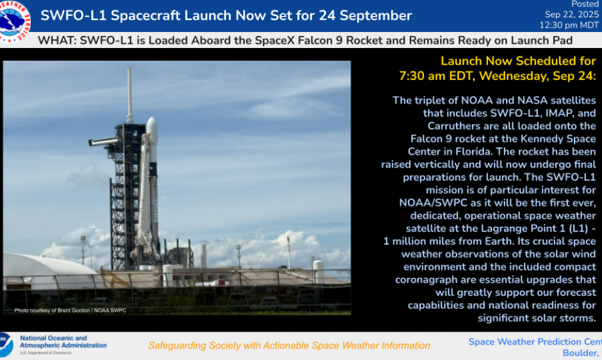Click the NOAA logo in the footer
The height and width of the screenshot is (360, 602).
(5, 345)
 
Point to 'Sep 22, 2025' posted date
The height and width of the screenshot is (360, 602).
(571, 14)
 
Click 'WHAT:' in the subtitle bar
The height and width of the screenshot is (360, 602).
(58, 40)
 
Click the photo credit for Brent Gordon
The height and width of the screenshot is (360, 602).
(70, 311)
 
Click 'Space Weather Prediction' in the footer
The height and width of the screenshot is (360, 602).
(525, 341)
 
